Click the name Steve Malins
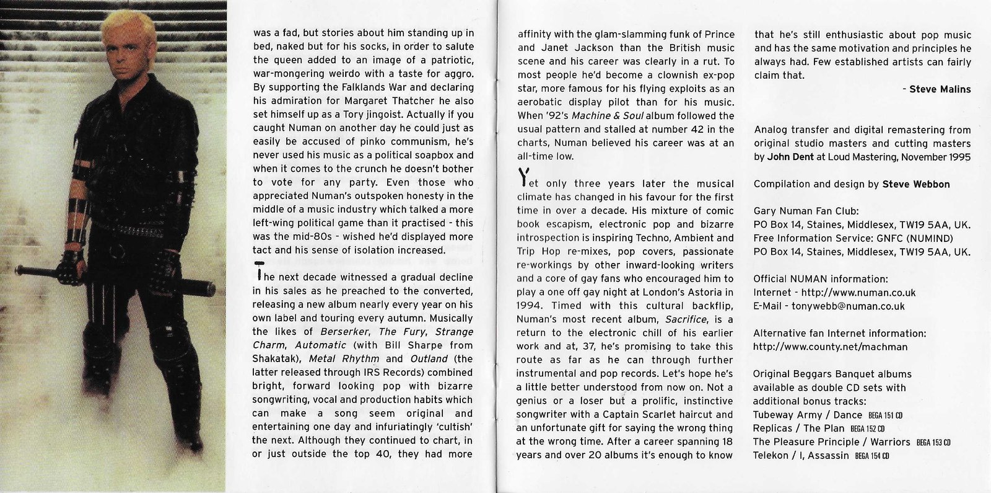[940, 89]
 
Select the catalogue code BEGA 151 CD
[885, 415]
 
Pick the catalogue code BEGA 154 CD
[871, 456]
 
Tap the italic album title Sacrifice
[686, 319]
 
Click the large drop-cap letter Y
[523, 179]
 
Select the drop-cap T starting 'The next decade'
[258, 273]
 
